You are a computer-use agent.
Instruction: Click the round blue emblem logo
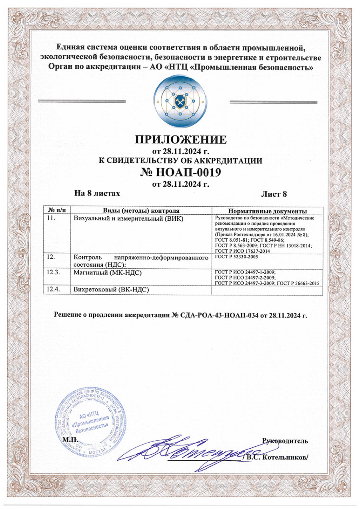(180, 98)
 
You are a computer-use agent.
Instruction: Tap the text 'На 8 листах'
(97, 193)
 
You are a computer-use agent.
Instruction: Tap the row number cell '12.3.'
(54, 272)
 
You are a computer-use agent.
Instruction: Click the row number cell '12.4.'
(54, 289)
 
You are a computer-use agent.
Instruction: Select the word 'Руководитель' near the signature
(284, 441)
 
